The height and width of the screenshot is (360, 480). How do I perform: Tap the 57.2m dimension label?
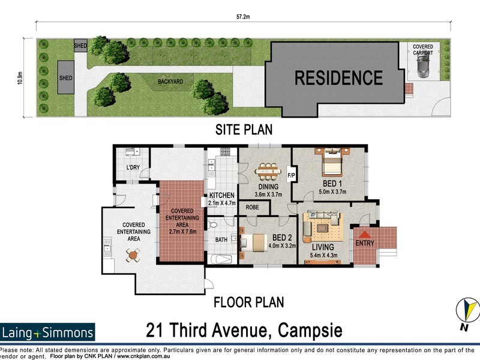(x=243, y=17)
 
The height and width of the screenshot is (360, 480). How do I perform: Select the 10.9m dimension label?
(x=20, y=78)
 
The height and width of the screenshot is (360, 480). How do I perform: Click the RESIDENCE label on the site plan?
(x=338, y=78)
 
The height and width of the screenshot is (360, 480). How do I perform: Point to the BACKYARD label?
(x=170, y=82)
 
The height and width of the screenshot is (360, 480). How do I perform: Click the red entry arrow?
(x=365, y=234)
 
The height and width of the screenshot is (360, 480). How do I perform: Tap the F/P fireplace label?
(x=291, y=175)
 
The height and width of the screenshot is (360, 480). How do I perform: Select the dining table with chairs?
(x=268, y=172)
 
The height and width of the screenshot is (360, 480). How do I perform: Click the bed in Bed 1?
(x=332, y=162)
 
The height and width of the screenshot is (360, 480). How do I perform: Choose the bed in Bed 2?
(x=253, y=243)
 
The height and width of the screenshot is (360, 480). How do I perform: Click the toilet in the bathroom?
(x=212, y=226)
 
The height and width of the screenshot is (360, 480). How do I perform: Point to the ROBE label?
(x=252, y=207)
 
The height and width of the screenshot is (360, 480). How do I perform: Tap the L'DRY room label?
(x=133, y=167)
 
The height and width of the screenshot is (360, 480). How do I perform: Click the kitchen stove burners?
(x=226, y=151)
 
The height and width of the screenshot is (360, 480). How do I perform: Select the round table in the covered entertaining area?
(x=133, y=256)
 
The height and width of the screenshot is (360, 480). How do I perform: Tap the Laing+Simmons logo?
(x=47, y=332)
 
